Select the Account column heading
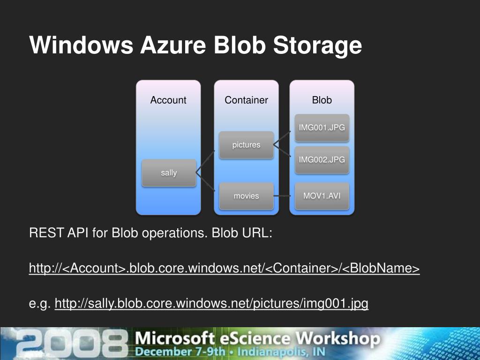(x=168, y=100)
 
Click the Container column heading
(x=246, y=100)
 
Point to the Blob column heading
(x=322, y=100)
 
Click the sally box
(x=169, y=172)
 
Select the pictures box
(x=246, y=145)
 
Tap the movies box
(x=246, y=196)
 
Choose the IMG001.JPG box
(x=322, y=127)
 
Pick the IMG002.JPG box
(x=322, y=159)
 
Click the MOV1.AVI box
(x=322, y=196)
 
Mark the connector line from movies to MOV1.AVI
(x=283, y=196)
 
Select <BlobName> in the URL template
(x=381, y=269)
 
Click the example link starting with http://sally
(x=211, y=304)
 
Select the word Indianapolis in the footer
(x=277, y=352)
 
